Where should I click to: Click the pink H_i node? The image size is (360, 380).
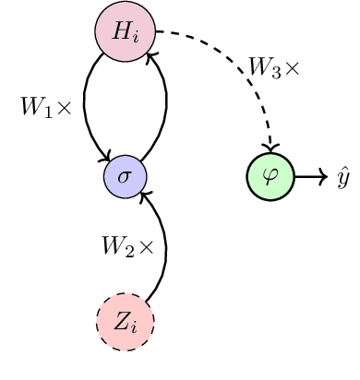click(125, 31)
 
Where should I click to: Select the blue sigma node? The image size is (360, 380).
click(125, 176)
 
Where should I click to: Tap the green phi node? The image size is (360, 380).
click(270, 176)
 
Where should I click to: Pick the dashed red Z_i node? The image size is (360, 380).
click(125, 322)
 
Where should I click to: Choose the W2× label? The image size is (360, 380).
click(127, 245)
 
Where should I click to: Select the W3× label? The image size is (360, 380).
click(273, 67)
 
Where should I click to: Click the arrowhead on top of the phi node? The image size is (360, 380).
click(270, 148)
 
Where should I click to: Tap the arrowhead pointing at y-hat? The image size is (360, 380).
click(323, 176)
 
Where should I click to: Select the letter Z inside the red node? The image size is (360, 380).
click(121, 322)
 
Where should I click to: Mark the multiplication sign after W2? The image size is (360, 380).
click(147, 246)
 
